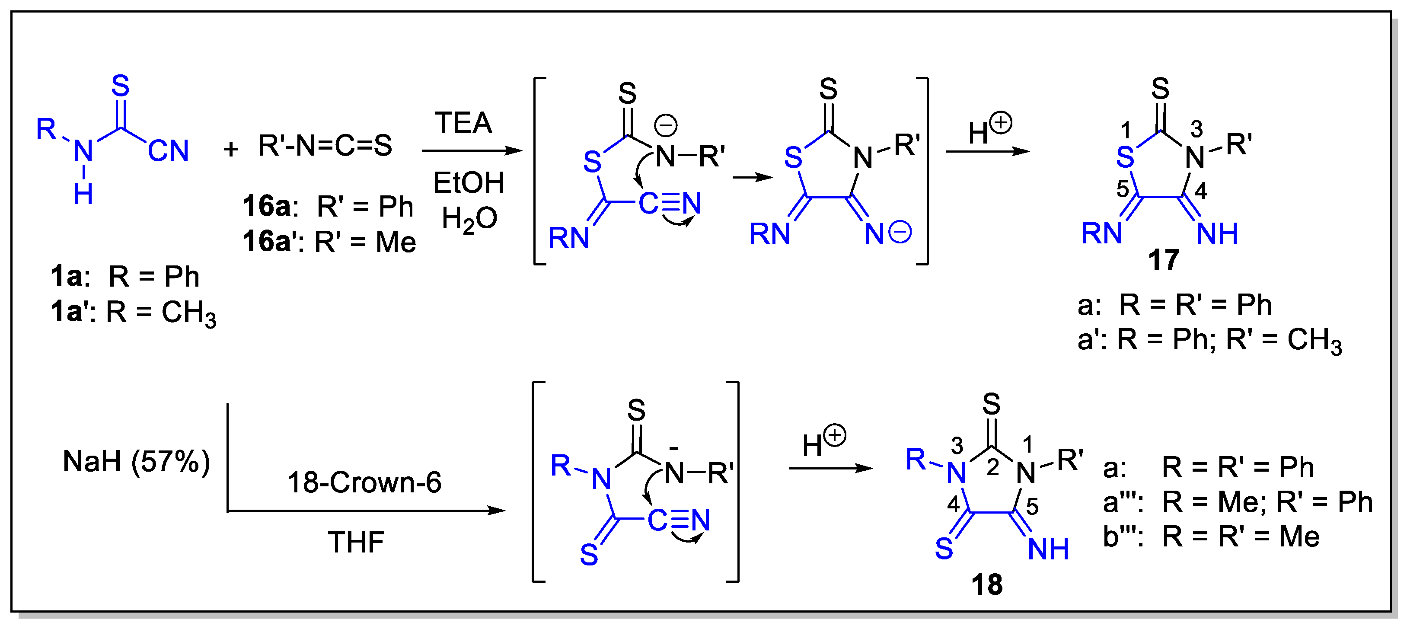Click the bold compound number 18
click(x=986, y=585)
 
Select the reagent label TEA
click(x=463, y=123)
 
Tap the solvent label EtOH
click(x=468, y=182)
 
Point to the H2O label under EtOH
click(x=469, y=219)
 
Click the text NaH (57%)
click(x=137, y=462)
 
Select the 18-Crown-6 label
click(x=364, y=482)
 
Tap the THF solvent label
click(x=356, y=543)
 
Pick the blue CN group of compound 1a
click(x=168, y=151)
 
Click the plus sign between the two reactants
click(x=231, y=149)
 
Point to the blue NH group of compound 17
click(x=1217, y=234)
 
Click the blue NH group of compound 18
click(x=1048, y=549)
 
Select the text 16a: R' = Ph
click(x=328, y=207)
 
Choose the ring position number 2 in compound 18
click(x=992, y=467)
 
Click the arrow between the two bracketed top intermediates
click(x=753, y=177)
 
